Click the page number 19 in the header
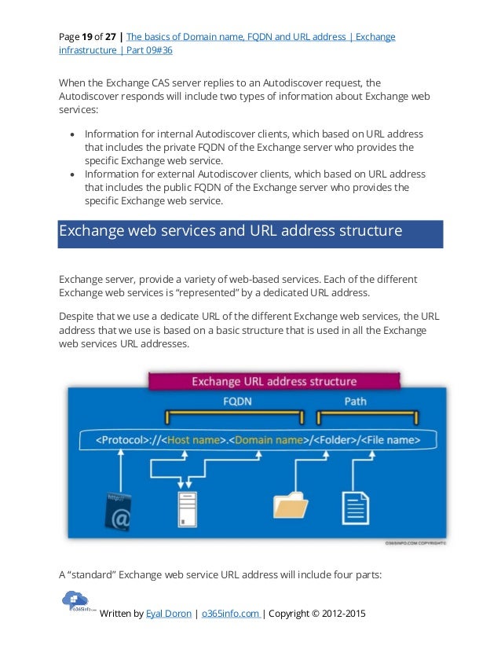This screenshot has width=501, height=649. coord(89,36)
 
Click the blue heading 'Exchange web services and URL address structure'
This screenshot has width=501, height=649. coord(231,232)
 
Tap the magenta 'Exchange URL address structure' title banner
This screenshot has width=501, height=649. coord(274,382)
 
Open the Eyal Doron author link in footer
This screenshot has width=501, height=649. coord(168,613)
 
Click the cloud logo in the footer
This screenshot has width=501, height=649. coord(76,602)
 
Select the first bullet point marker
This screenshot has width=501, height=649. coord(71,134)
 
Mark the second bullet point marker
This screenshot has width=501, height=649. coord(71,174)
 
